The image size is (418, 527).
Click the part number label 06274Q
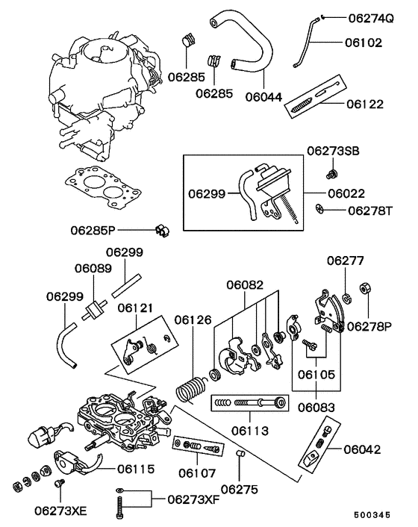[370, 18]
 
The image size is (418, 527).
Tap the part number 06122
[364, 104]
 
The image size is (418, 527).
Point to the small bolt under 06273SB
[332, 174]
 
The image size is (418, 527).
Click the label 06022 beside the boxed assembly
[346, 193]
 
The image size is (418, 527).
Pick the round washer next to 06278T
[319, 209]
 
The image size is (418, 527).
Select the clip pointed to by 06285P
[163, 231]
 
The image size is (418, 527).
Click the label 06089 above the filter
[93, 269]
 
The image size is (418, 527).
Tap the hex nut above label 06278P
[365, 288]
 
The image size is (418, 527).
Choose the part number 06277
[345, 261]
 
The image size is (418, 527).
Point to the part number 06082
[245, 285]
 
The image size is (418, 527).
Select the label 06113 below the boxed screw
[250, 431]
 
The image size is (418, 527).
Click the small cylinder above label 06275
[240, 454]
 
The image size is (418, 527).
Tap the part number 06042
[362, 449]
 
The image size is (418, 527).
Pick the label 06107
[196, 473]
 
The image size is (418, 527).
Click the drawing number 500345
[372, 515]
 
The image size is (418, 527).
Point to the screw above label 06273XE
[60, 483]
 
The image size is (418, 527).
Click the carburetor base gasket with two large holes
[103, 187]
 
